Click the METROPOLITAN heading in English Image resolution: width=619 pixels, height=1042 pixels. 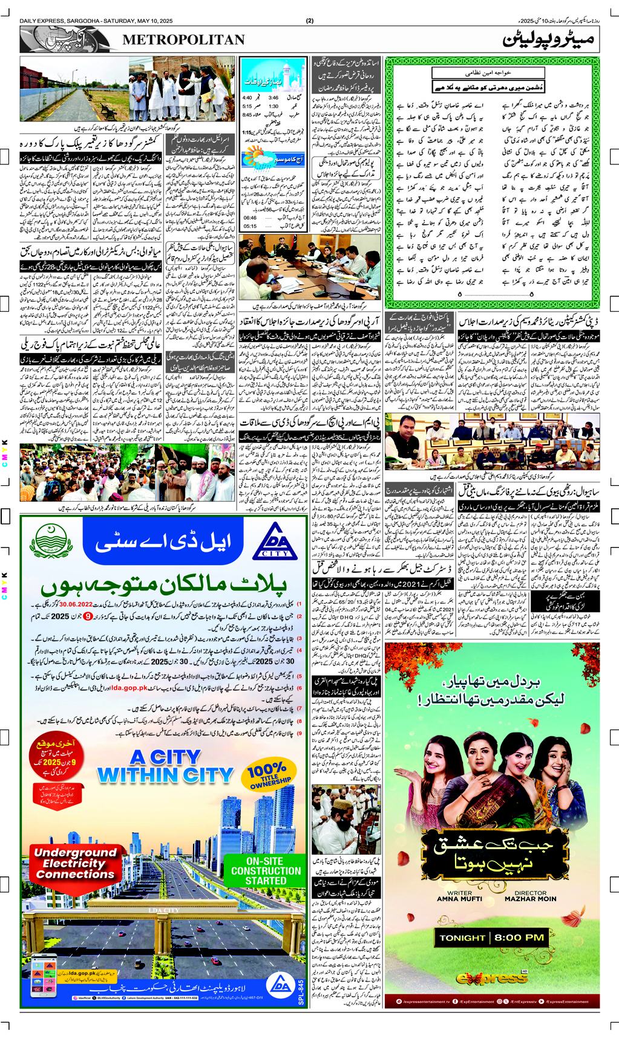coord(184,40)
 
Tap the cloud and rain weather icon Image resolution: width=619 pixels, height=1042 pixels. coord(264,149)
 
